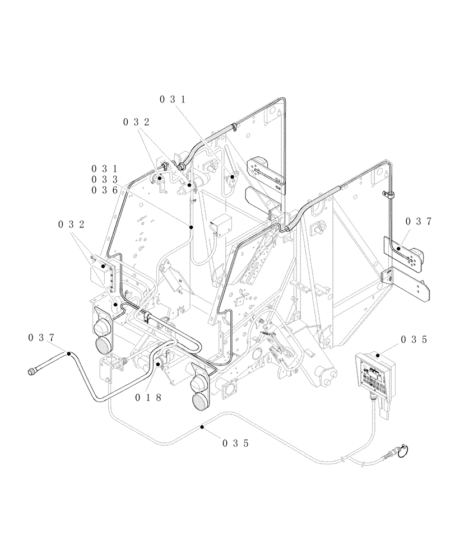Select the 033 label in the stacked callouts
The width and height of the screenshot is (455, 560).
tap(106, 179)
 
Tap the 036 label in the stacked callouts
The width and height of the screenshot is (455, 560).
tap(106, 190)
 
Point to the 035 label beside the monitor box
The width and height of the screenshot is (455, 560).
tap(415, 339)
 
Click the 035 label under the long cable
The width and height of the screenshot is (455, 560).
tap(235, 443)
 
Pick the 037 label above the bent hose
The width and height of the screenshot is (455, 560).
tap(41, 337)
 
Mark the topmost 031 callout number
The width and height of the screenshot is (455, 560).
tap(173, 99)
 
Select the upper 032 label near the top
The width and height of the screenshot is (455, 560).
tap(137, 122)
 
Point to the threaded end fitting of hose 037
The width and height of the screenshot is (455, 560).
tap(34, 371)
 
